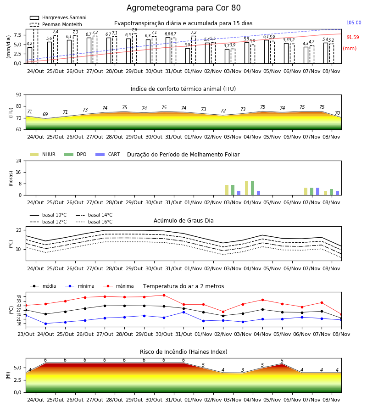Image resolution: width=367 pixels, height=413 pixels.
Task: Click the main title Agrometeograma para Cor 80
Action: (x=183, y=8)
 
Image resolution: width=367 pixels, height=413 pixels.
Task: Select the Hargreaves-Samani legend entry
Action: (x=58, y=17)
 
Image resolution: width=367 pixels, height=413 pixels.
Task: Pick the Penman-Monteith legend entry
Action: (x=56, y=24)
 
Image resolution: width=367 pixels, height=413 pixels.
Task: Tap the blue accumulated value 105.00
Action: (x=354, y=22)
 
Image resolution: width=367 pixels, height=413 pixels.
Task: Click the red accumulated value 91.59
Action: (x=353, y=38)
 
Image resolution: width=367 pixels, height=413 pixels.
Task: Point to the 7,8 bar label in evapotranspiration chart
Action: (x=134, y=30)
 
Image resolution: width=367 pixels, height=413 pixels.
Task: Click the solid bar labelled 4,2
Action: (x=30, y=56)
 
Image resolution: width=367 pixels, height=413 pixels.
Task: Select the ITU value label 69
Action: (x=45, y=114)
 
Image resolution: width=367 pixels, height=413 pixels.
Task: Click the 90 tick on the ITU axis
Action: (x=19, y=95)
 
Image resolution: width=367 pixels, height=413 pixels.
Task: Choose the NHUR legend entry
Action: (x=43, y=154)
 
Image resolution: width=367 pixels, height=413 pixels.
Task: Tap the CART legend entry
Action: (x=108, y=154)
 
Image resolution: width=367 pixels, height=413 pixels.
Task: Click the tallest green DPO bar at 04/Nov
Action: (x=252, y=188)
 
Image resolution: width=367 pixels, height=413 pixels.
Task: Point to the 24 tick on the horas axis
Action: (x=19, y=161)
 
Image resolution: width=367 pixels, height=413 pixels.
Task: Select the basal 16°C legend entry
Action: (x=94, y=222)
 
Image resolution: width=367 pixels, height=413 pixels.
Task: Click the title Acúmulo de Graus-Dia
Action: (x=183, y=221)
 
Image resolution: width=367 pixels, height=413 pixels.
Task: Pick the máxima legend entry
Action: (x=118, y=286)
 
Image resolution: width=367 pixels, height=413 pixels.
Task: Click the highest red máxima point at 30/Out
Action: (x=164, y=295)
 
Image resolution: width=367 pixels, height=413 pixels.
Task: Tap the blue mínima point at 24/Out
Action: (x=45, y=324)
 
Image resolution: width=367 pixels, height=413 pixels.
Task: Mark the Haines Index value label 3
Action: (x=243, y=370)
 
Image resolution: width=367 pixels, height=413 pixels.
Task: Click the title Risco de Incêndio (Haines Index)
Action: (x=183, y=352)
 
